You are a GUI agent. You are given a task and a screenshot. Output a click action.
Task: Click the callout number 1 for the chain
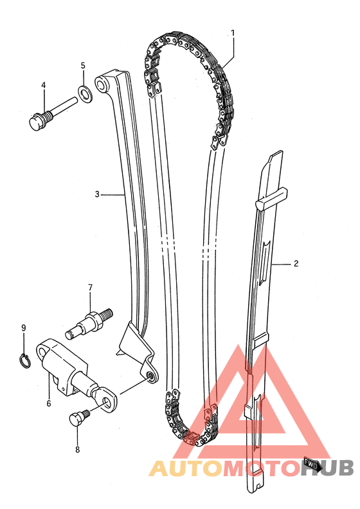click(x=232, y=33)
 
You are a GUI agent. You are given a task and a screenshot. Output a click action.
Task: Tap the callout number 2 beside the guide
click(x=296, y=263)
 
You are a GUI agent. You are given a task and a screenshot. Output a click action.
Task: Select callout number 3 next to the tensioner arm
click(x=97, y=194)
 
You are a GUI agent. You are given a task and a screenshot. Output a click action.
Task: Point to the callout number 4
click(x=44, y=85)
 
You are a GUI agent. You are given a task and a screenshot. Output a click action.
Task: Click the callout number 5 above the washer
click(x=83, y=66)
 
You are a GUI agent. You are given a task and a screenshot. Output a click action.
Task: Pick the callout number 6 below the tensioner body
click(x=49, y=403)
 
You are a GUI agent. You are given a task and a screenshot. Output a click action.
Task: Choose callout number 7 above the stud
click(x=90, y=287)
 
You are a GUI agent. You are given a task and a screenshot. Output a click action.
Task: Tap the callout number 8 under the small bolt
click(x=77, y=450)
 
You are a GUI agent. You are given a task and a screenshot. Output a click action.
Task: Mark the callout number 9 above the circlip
click(x=23, y=328)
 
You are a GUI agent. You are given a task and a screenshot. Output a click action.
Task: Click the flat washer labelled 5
click(x=85, y=93)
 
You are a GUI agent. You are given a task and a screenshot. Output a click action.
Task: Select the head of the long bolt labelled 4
click(x=37, y=122)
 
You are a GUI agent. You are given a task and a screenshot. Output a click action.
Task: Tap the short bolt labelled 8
click(x=79, y=418)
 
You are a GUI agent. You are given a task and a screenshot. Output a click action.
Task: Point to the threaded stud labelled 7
click(x=89, y=323)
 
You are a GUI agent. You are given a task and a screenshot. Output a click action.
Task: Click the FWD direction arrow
click(x=312, y=464)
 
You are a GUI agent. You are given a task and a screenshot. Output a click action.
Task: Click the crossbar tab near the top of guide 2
click(x=272, y=198)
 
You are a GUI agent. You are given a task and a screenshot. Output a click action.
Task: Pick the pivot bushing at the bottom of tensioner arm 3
click(x=151, y=376)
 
